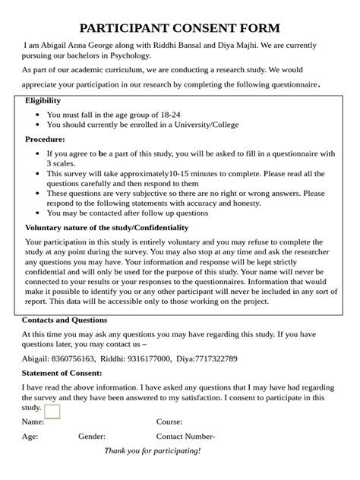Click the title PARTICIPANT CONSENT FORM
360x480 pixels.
click(x=180, y=29)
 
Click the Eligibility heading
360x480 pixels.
click(x=43, y=100)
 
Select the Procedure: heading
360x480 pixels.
click(x=45, y=139)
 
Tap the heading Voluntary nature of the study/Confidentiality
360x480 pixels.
click(x=106, y=227)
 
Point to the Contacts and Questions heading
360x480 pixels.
click(x=65, y=320)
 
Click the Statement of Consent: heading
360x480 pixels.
click(x=62, y=373)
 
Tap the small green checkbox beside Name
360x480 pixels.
click(x=52, y=412)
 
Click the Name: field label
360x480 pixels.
click(x=33, y=422)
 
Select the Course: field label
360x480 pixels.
click(x=169, y=422)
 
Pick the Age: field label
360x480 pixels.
click(x=30, y=437)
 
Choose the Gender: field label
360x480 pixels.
click(x=92, y=437)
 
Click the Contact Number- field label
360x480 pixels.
click(x=185, y=437)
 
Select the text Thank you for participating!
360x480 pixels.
click(x=153, y=451)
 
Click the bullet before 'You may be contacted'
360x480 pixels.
click(x=38, y=213)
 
